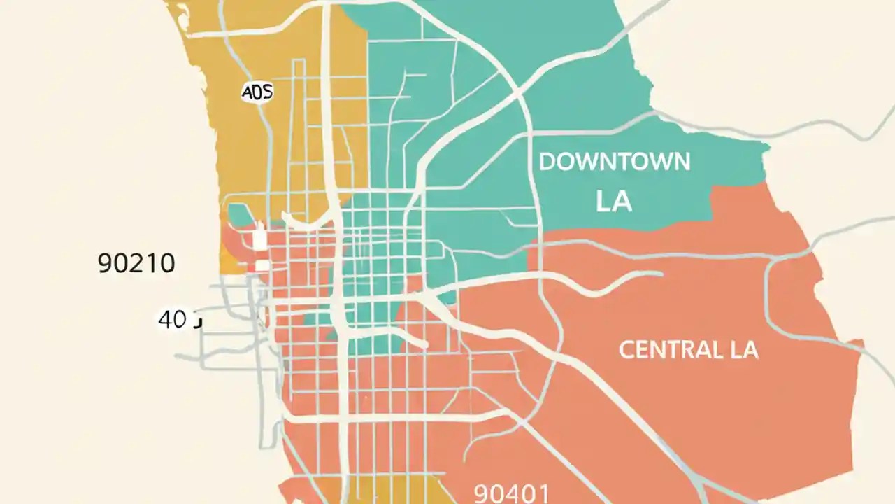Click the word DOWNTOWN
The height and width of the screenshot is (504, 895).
615,162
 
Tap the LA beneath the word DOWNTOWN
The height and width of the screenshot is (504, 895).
614,202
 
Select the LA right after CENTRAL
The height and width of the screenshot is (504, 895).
742,350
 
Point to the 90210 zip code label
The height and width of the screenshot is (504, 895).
136,263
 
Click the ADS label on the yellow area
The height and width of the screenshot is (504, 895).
257,92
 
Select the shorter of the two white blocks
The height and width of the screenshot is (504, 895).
263,265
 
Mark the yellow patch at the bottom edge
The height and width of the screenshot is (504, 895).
392,490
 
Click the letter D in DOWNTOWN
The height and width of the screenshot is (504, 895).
547,162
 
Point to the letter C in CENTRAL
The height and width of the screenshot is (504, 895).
626,350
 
